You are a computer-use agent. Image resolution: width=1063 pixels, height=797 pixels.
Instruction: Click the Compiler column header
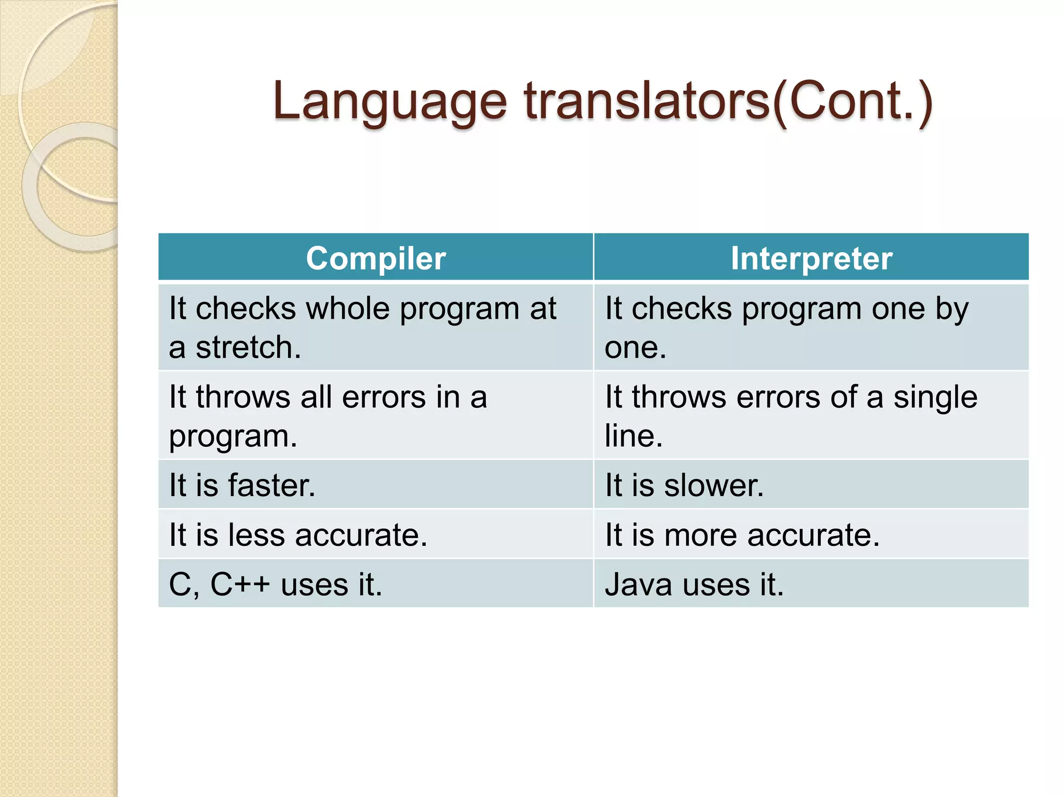click(375, 258)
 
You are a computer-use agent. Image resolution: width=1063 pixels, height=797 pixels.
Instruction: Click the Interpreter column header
click(811, 258)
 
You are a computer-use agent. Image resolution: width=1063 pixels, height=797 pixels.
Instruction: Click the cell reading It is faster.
click(242, 485)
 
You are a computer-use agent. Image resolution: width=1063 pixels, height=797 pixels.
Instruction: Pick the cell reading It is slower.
click(684, 485)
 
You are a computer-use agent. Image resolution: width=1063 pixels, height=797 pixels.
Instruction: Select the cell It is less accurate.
click(298, 535)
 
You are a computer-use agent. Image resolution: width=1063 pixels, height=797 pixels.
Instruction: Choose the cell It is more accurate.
click(742, 535)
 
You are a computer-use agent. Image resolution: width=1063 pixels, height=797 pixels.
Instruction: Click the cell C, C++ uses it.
click(275, 585)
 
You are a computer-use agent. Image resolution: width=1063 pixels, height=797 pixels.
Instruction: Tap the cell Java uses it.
click(694, 585)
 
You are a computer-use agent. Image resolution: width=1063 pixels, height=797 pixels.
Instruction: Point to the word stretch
click(248, 348)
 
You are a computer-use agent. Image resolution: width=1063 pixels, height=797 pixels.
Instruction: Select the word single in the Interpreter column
click(935, 398)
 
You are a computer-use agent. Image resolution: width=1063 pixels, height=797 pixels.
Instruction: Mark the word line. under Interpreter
click(634, 436)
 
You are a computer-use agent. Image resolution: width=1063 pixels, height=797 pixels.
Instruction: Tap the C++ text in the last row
click(240, 585)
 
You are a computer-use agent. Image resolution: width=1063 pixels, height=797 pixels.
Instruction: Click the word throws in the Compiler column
click(243, 398)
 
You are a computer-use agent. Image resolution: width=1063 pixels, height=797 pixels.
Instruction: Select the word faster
click(271, 485)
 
